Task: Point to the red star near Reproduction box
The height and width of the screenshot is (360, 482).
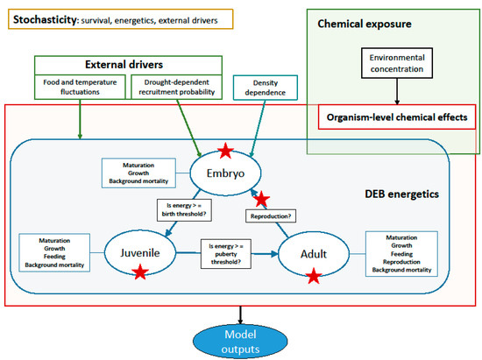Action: point(258,201)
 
